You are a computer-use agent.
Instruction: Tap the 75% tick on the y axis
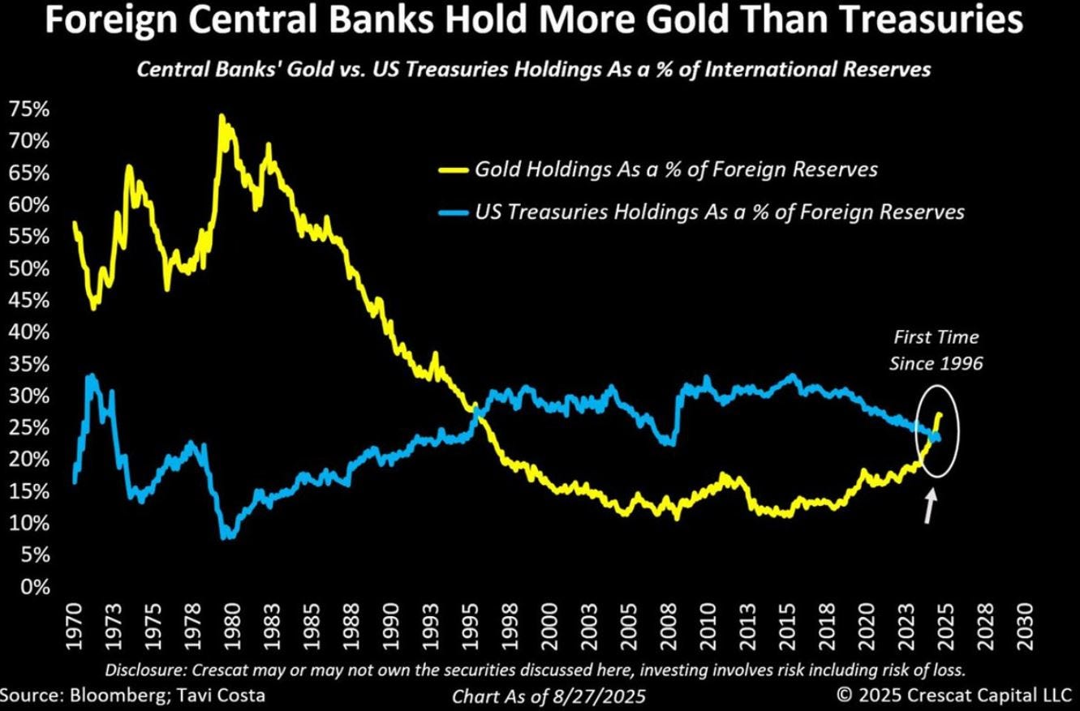point(29,109)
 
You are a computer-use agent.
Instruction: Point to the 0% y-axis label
point(35,587)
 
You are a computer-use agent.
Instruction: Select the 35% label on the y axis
point(29,364)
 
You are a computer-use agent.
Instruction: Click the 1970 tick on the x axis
point(75,626)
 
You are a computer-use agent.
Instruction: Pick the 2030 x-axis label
point(1023,626)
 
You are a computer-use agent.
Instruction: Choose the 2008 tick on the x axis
point(668,626)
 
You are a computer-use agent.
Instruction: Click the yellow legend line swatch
point(454,170)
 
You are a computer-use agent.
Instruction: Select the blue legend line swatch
point(454,212)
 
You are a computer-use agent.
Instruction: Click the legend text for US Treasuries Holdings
point(720,212)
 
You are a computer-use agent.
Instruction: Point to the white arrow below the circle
point(930,506)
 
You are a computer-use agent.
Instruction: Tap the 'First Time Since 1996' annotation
point(936,350)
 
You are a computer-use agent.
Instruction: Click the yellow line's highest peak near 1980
point(222,116)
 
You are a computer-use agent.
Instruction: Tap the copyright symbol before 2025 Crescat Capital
point(844,695)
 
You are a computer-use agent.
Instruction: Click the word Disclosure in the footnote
point(144,670)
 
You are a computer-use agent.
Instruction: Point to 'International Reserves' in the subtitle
point(817,70)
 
